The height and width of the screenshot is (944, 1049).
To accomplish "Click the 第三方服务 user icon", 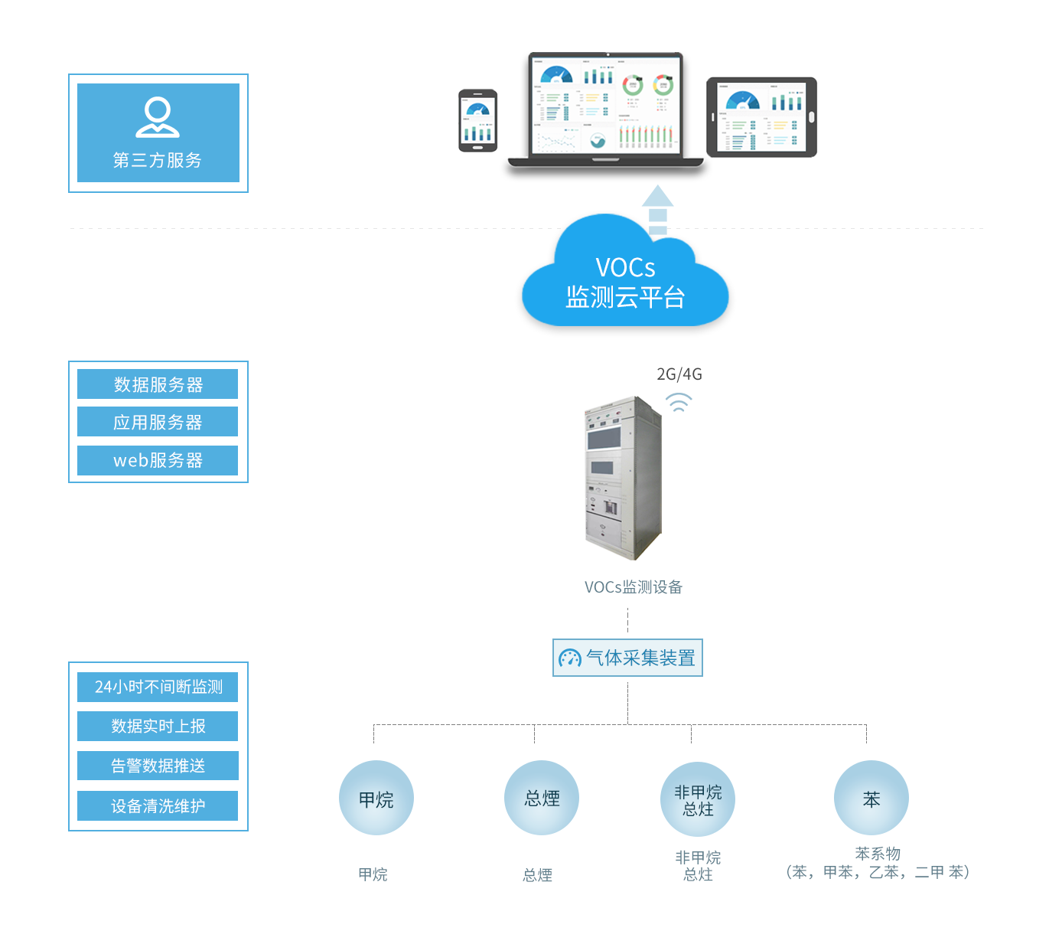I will (x=158, y=117).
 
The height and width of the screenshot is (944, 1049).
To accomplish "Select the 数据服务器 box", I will (x=158, y=384).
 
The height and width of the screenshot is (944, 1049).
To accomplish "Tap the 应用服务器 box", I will (x=158, y=422).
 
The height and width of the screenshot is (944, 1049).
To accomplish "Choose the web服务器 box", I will (x=158, y=460).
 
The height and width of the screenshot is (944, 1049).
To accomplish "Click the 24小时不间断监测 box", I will (x=158, y=687).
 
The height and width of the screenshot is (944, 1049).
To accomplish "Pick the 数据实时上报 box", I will (x=158, y=726).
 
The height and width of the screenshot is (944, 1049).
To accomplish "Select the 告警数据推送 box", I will (x=158, y=766).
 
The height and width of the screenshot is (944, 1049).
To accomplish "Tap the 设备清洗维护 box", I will (x=158, y=805).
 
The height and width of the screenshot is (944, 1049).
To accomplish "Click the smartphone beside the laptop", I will (x=477, y=121).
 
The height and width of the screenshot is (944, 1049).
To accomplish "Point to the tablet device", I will (x=761, y=117).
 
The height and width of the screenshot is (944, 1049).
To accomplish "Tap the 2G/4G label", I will (x=679, y=374).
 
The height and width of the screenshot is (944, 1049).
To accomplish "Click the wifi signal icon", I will (x=678, y=402).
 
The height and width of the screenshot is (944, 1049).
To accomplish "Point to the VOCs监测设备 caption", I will (x=633, y=587).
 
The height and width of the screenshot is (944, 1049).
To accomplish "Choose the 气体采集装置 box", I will (x=627, y=658).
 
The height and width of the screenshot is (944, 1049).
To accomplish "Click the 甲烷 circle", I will (x=376, y=799).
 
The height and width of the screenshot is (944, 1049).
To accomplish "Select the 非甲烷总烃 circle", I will (x=698, y=799).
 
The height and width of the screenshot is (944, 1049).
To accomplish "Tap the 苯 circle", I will (x=871, y=799).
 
